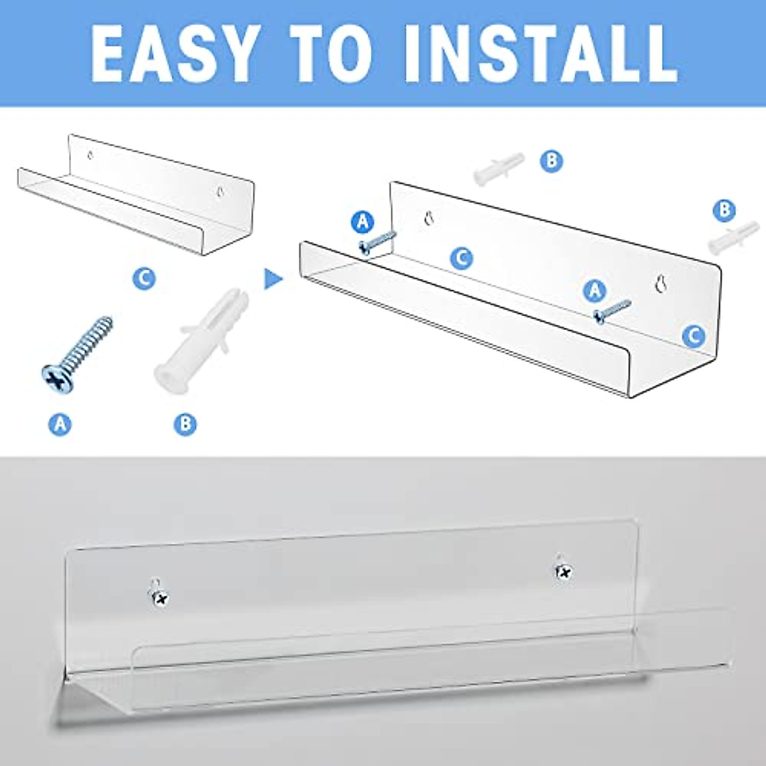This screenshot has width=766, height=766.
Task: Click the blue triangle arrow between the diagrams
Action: (x=273, y=278)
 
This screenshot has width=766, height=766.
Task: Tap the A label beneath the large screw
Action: (x=60, y=424)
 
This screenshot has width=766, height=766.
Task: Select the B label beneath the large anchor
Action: (x=185, y=424)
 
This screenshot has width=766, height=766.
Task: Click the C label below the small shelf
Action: (x=144, y=278)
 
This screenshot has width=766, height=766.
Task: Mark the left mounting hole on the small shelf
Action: (x=91, y=154)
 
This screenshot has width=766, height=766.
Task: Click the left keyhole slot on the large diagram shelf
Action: (x=428, y=219)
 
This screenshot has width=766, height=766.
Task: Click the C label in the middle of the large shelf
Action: (x=461, y=258)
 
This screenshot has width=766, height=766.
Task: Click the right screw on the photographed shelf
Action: (x=564, y=572)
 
